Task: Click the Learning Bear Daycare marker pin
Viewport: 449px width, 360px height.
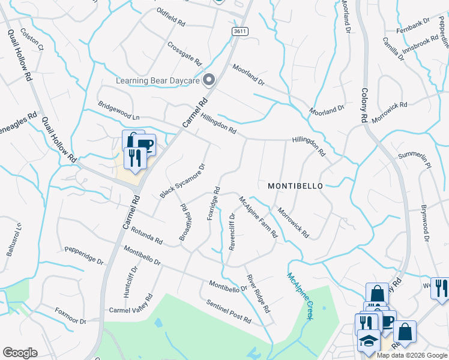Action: tap(209, 79)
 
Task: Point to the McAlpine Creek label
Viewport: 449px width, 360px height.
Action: tap(300, 296)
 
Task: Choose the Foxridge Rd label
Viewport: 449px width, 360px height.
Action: tap(214, 203)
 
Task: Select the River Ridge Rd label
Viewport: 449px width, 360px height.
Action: tap(258, 293)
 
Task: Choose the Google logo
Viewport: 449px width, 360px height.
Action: tap(20, 353)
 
